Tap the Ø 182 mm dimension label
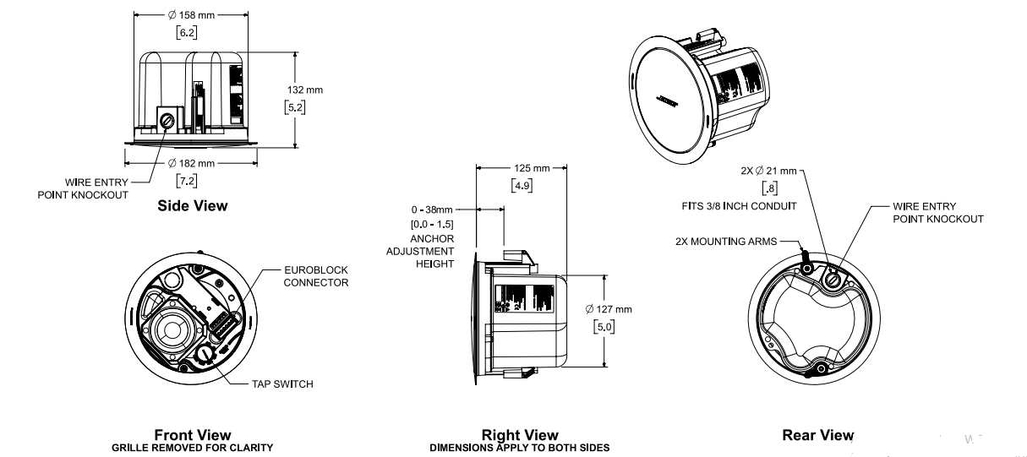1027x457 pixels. (x=192, y=163)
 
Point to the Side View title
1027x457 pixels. (x=193, y=205)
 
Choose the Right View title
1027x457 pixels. (x=519, y=435)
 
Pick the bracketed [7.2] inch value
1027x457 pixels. (x=187, y=180)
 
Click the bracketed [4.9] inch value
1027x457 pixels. (x=522, y=185)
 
